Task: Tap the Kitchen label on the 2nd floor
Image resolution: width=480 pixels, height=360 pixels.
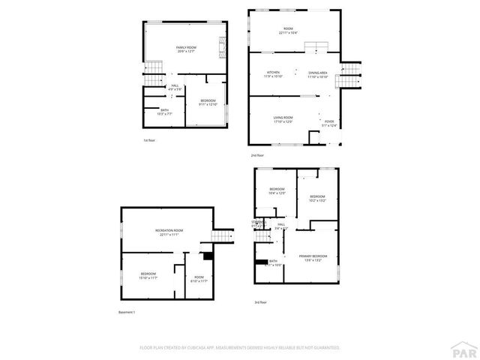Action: [x=273, y=74]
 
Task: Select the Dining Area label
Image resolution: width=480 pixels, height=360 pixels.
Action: [x=317, y=74]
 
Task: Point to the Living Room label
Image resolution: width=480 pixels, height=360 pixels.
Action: [x=283, y=119]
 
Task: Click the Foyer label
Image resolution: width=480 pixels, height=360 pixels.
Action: [x=329, y=123]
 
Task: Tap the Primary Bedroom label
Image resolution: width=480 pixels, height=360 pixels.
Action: [x=314, y=258]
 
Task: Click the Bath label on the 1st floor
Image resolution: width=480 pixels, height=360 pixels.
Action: [x=154, y=112]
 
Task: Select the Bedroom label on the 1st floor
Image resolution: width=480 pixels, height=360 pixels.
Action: [x=208, y=102]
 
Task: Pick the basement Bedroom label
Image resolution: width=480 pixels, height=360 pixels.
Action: [x=148, y=275]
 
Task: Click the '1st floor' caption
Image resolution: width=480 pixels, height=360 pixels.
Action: [x=149, y=140]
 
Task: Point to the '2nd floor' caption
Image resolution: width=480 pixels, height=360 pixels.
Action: [x=257, y=154]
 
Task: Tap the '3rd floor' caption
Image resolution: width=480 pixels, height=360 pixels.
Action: [x=259, y=302]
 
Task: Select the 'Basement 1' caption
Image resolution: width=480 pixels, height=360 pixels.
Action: [x=127, y=312]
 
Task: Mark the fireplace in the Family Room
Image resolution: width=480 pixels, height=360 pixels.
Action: [x=223, y=47]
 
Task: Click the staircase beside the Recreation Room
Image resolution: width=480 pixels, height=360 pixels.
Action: [x=218, y=236]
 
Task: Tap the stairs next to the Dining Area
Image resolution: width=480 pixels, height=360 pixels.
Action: [x=351, y=73]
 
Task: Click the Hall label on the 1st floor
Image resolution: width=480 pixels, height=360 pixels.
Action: [x=174, y=87]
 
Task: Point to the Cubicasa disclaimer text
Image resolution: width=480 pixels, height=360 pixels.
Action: [x=240, y=348]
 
